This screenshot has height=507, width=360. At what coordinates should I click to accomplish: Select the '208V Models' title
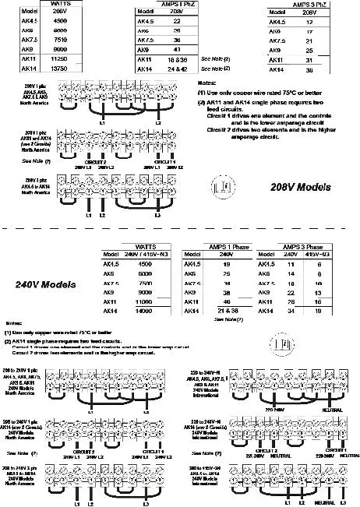point(300,188)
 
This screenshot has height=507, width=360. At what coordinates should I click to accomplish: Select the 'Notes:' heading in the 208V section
point(207,83)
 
